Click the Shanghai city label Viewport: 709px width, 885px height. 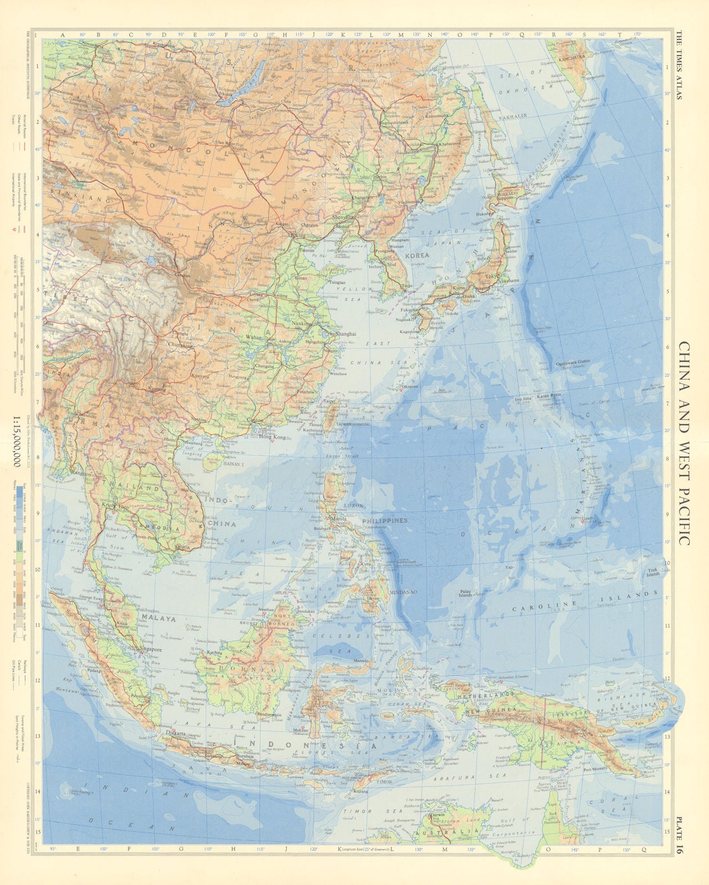click(344, 334)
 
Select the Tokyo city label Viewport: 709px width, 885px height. click(491, 276)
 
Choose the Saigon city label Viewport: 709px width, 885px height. click(181, 547)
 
